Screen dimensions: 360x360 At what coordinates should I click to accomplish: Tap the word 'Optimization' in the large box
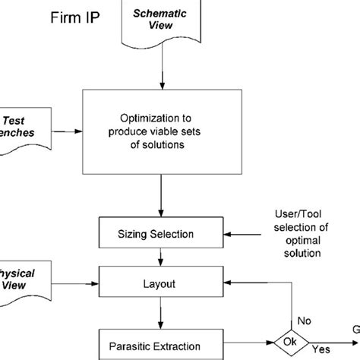coord(160,118)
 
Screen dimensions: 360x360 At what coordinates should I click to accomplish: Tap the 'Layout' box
coord(160,285)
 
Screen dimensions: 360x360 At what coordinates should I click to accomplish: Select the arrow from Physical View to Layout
coord(76,285)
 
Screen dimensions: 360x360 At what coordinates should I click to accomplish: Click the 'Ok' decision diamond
coord(290,341)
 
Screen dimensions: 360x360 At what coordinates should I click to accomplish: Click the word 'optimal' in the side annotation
coord(298,240)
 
